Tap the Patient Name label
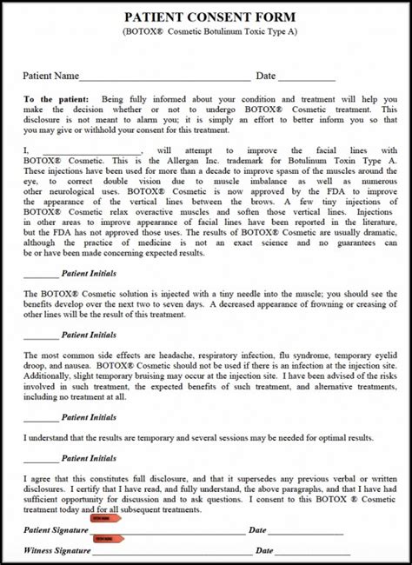coord(50,76)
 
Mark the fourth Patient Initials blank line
coord(40,456)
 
